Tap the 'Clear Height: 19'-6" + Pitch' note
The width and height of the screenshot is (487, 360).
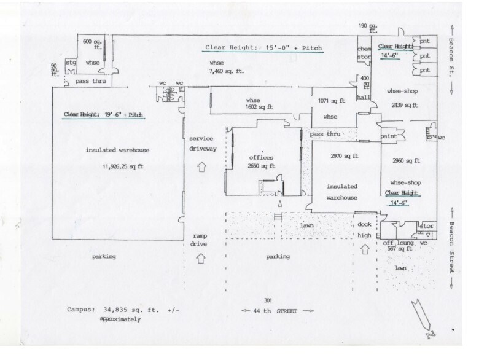[x=104, y=115]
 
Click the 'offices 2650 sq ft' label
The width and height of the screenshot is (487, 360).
[x=261, y=162]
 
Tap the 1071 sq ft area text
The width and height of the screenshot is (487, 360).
[x=332, y=100]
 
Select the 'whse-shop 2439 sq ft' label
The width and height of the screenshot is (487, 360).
[x=403, y=98]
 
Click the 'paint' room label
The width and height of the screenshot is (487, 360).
[x=388, y=135]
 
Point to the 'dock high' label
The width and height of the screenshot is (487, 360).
[x=365, y=229]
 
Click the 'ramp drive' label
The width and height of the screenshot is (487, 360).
[x=201, y=240]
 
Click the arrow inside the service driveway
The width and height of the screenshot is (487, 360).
[x=201, y=166]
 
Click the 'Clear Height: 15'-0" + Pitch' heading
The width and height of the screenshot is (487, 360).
[x=264, y=47]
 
